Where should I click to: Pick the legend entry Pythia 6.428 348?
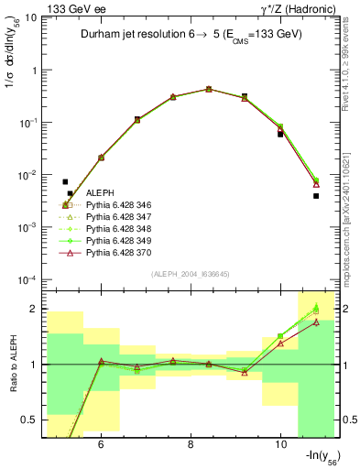pyautogui.click(x=115, y=229)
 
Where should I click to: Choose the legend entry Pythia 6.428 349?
pyautogui.click(x=115, y=241)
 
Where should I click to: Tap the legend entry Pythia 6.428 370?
pyautogui.click(x=115, y=253)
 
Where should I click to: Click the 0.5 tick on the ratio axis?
pyautogui.click(x=30, y=420)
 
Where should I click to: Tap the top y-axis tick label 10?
pyautogui.click(x=31, y=17)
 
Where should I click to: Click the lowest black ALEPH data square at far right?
pyautogui.click(x=316, y=196)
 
